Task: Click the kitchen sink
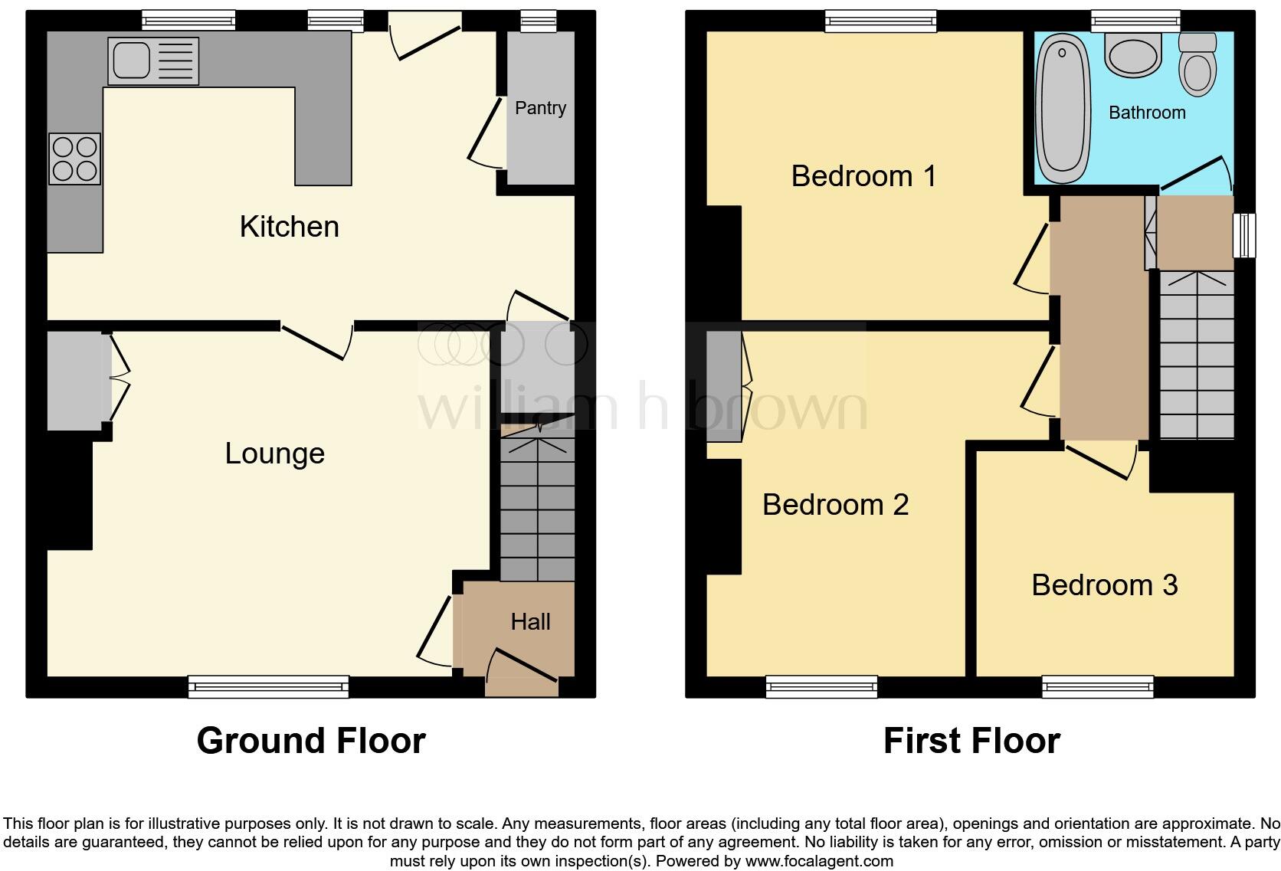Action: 153,61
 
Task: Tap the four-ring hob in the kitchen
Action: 74,159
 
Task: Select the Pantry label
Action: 540,108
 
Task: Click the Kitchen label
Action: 289,227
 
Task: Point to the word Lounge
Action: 274,454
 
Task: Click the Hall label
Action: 530,621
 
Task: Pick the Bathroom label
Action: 1147,113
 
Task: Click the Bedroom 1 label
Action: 863,176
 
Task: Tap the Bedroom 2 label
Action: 835,505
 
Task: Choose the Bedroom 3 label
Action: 1104,585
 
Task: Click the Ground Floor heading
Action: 311,741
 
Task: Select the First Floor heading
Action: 971,741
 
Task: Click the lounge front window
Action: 268,686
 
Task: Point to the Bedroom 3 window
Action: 1097,686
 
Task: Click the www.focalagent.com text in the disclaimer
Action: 819,861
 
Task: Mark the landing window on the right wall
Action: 1244,234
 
